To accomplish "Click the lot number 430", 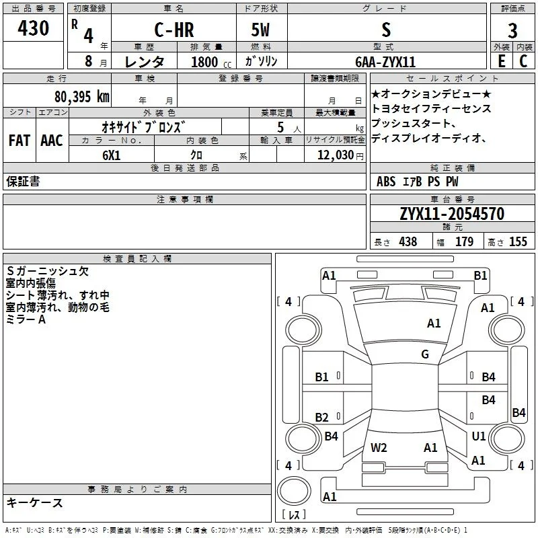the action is coord(33,28).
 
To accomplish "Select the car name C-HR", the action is coord(174,30).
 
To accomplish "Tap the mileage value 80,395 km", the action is coord(82,97).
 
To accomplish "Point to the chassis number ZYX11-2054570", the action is coord(452,214).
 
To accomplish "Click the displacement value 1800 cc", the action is coord(211,62).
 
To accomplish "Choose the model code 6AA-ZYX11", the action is coord(385,62).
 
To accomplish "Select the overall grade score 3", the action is coord(512,31).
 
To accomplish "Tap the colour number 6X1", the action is coord(112,155).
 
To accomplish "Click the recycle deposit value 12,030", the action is coord(335,155).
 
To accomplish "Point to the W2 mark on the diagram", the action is coord(379,448).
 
